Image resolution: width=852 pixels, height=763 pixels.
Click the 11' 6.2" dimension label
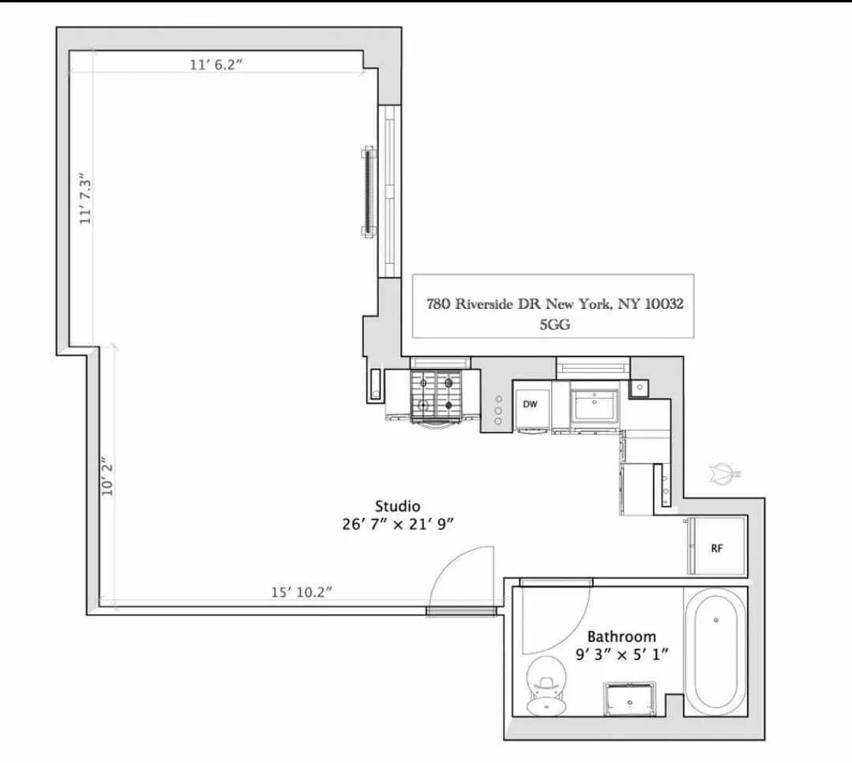tap(215, 65)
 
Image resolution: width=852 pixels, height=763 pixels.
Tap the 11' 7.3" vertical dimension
tap(86, 199)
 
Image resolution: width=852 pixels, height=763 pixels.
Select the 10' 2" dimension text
tap(108, 478)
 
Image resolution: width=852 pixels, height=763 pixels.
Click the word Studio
tap(397, 506)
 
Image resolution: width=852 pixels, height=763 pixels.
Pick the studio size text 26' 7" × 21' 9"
tap(397, 523)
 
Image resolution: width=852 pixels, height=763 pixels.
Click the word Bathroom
tap(621, 636)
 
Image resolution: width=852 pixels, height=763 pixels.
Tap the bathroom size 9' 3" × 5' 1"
tap(621, 654)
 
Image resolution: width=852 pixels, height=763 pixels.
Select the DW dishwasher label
tap(530, 404)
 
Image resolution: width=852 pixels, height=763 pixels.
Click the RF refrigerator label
tap(716, 547)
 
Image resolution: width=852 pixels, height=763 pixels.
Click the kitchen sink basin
tap(595, 406)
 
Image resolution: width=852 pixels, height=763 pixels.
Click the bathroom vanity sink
tap(631, 698)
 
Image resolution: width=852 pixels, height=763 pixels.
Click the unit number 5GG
tap(553, 322)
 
